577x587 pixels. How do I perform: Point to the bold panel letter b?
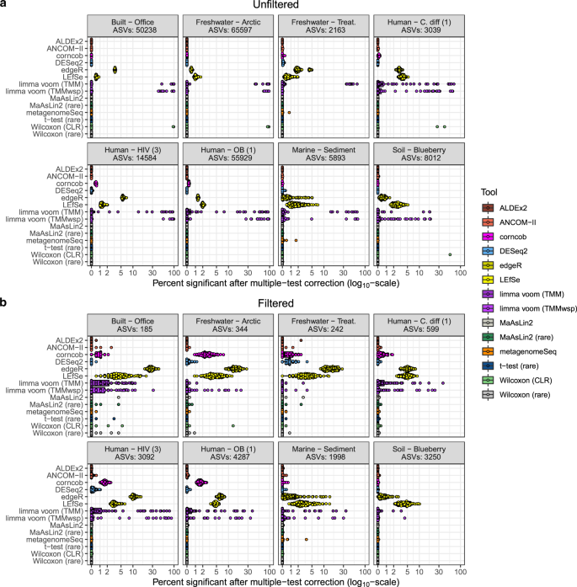click(5, 292)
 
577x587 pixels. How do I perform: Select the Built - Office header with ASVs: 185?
click(134, 313)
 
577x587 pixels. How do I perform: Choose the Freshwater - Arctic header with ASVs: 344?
click(227, 313)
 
